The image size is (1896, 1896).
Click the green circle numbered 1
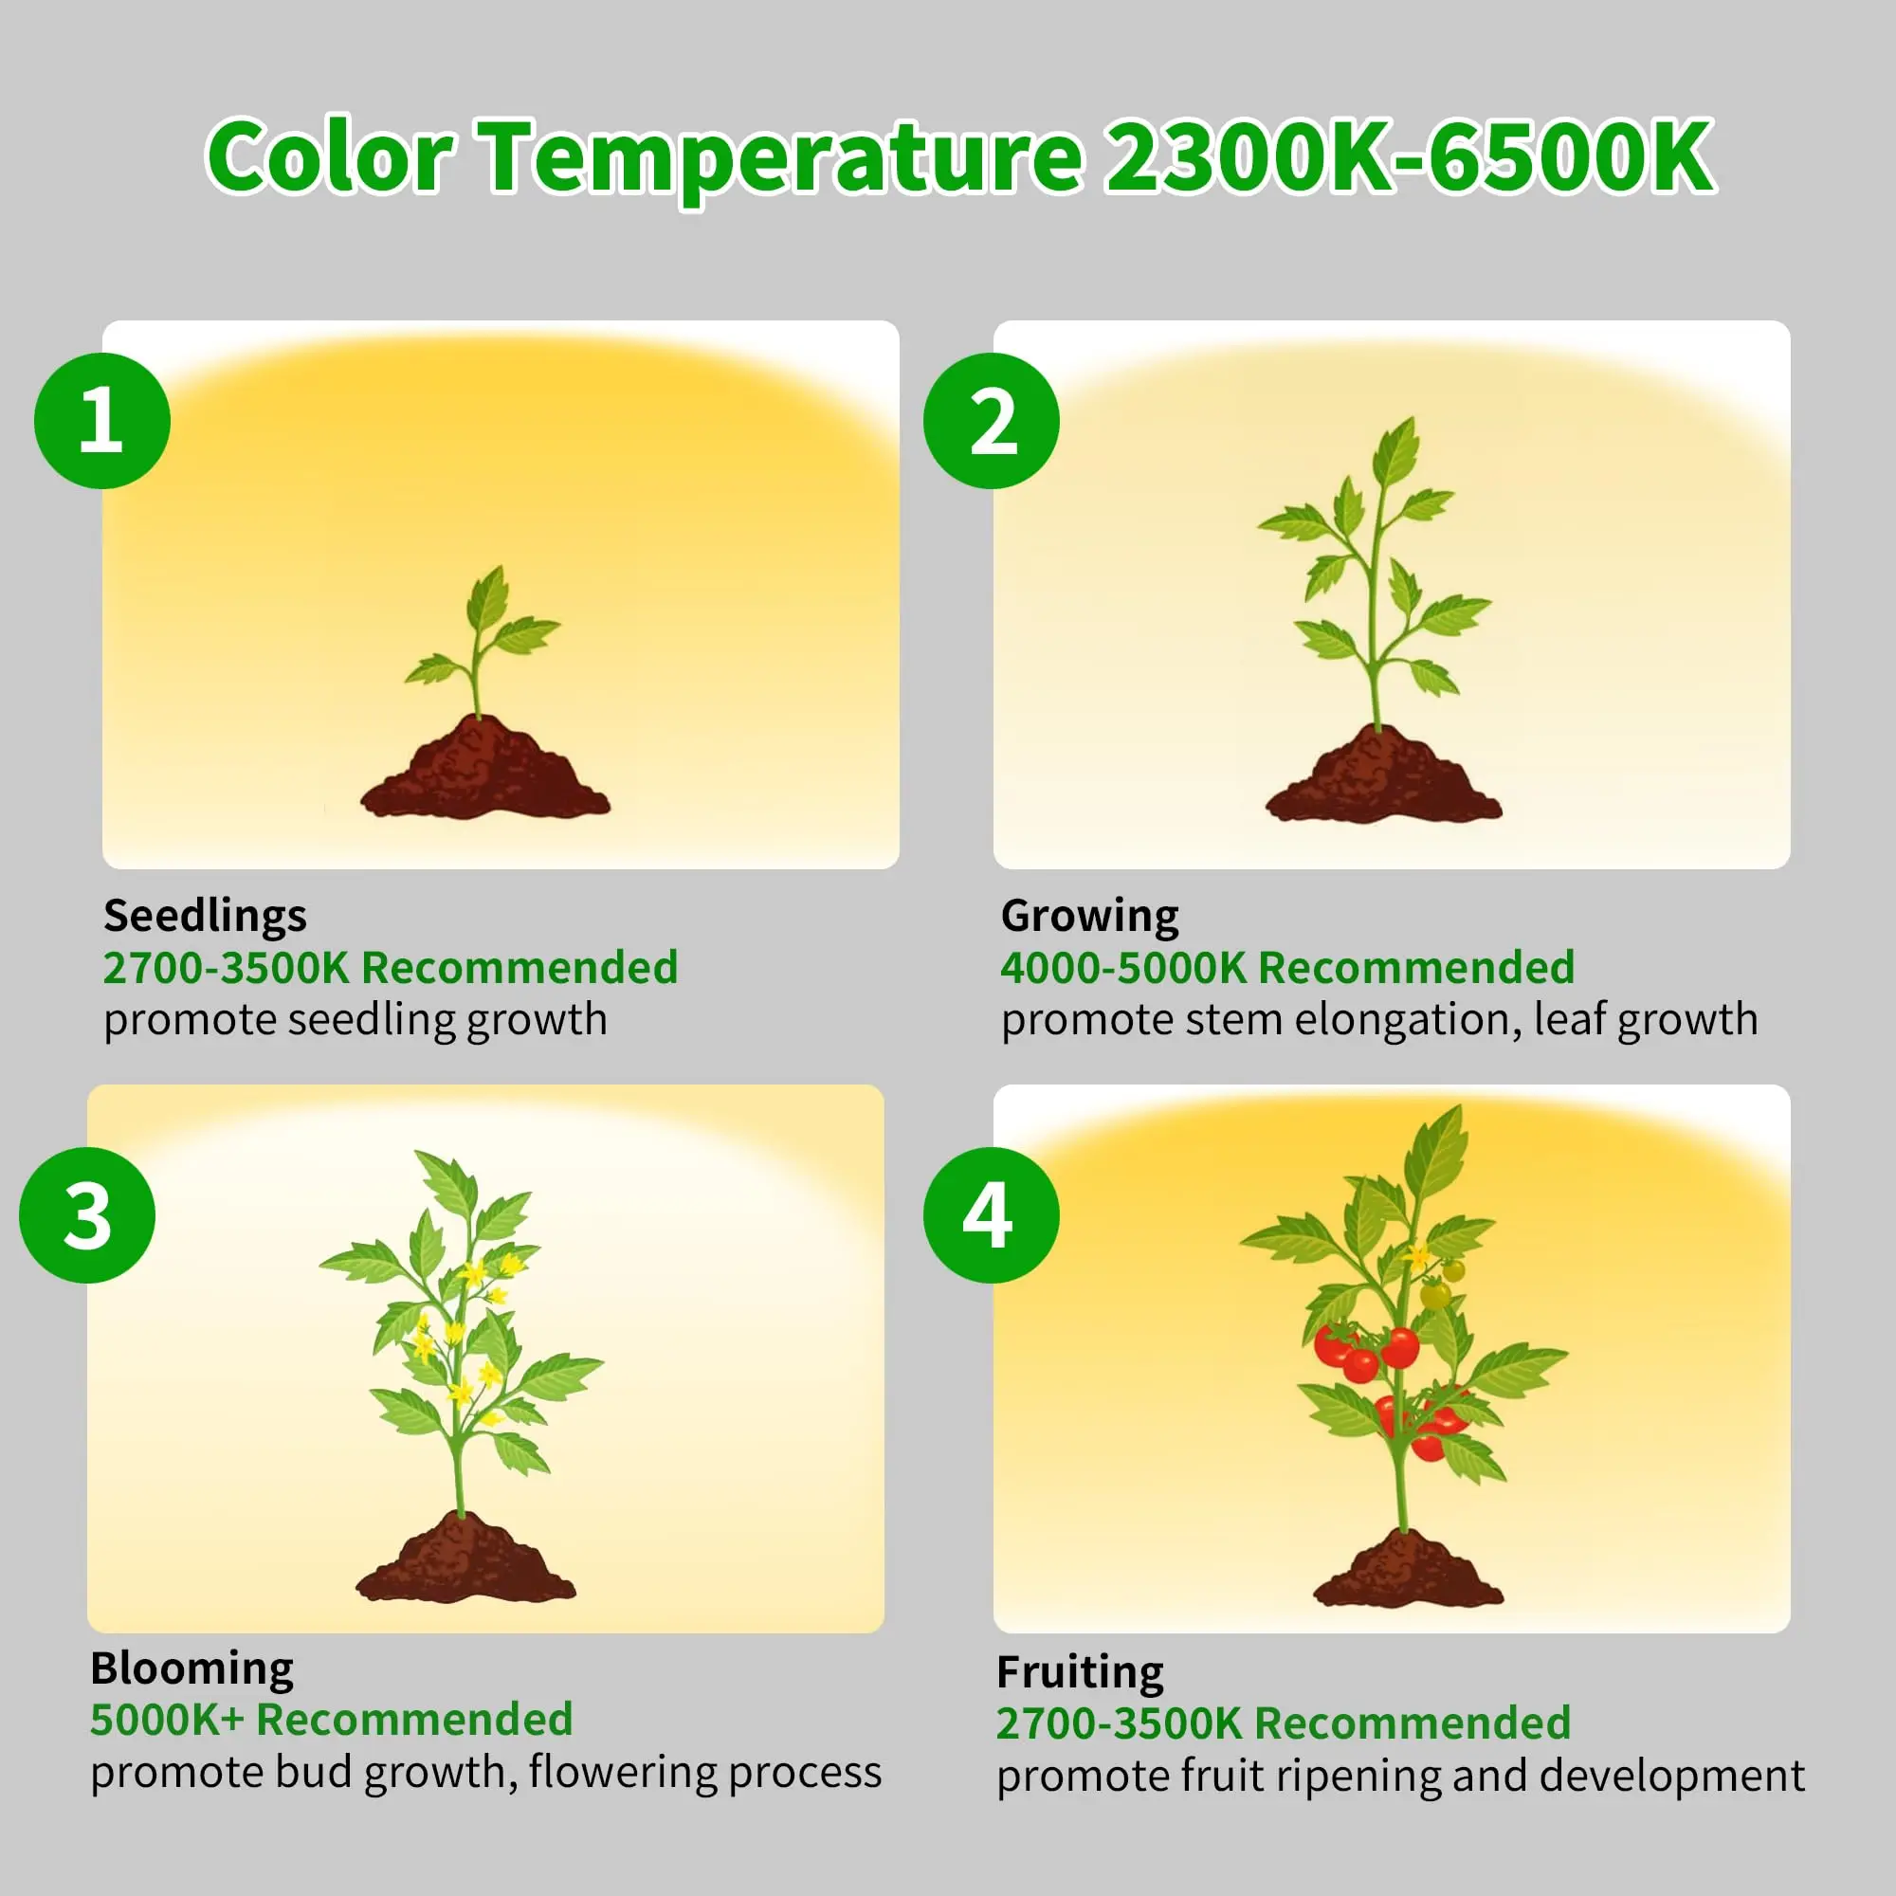coord(102,420)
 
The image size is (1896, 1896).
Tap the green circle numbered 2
coord(992,420)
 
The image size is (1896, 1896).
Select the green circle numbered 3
coord(87,1215)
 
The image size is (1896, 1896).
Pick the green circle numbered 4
coord(992,1215)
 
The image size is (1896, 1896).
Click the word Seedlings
coord(205,917)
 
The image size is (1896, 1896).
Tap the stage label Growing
coord(1089,917)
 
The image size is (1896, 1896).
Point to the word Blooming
coord(192,1668)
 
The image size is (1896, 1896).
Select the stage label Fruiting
coord(1081,1672)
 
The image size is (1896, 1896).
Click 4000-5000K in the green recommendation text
coord(1122,968)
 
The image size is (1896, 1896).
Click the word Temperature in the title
coord(783,157)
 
